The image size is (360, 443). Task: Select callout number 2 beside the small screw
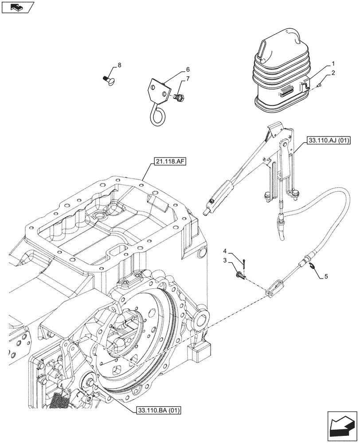click(x=333, y=72)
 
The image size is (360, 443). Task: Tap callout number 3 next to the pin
click(x=225, y=260)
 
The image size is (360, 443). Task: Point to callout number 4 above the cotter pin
click(x=225, y=251)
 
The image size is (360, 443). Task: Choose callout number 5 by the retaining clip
click(x=326, y=276)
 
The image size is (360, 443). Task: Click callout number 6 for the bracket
click(x=188, y=70)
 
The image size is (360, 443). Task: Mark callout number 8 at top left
click(x=119, y=66)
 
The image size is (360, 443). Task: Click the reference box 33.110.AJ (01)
click(x=327, y=141)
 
